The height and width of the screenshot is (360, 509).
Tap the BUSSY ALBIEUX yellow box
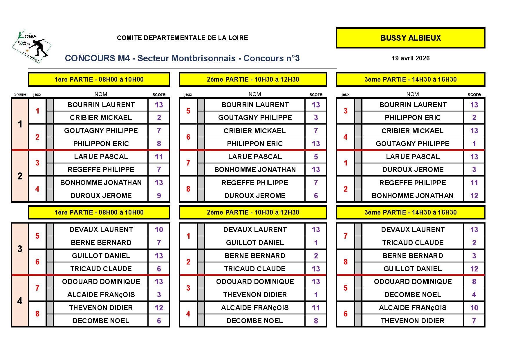410,38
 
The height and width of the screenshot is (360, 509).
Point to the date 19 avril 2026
410,58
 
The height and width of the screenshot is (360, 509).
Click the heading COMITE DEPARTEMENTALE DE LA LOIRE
182,38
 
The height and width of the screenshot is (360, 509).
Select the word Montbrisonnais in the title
203,58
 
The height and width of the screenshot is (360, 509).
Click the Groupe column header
20,94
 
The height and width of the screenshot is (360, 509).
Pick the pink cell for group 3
20,249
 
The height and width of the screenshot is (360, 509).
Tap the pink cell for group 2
20,176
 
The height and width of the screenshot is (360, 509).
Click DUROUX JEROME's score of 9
159,196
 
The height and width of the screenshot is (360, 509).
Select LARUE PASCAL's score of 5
316,157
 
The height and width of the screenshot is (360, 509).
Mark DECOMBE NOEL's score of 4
474,295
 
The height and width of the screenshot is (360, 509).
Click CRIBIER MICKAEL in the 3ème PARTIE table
412,131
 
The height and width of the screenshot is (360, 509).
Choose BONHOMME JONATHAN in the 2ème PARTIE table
255,170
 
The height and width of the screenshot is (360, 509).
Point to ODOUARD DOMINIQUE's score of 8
474,282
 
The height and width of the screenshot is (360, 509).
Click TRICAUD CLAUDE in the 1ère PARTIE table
101,269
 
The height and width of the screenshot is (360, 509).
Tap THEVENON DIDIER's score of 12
159,308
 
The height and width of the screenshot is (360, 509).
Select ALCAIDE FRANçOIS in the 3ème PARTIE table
412,308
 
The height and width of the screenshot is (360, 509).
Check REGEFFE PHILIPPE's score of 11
474,183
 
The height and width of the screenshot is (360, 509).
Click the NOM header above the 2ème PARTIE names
255,94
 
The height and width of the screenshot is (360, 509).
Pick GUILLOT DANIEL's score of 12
474,269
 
